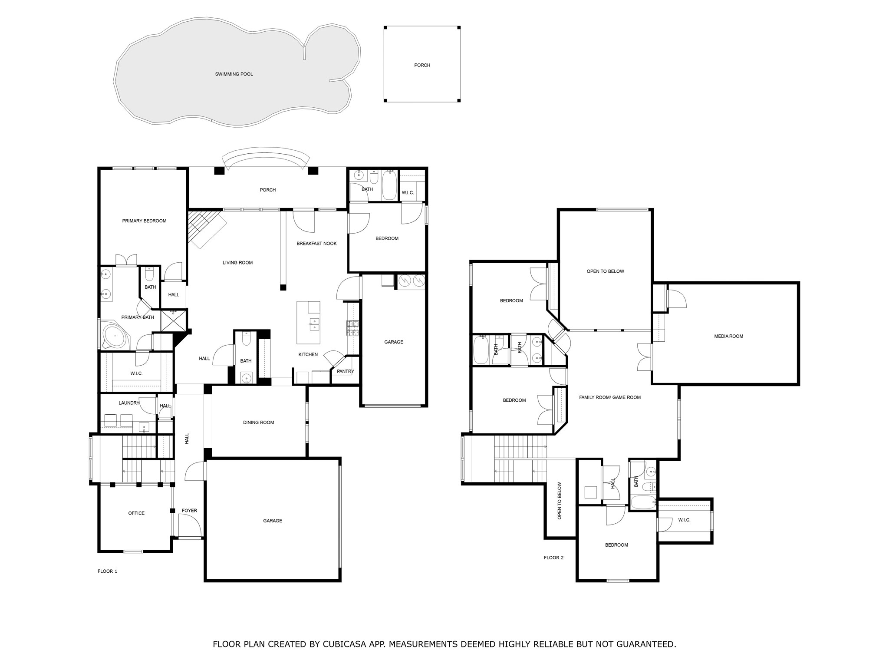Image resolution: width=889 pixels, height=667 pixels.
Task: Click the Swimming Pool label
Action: [x=234, y=74]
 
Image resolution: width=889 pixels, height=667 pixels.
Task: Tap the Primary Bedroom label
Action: [x=144, y=221]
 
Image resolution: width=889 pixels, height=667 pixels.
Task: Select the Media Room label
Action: [x=729, y=336]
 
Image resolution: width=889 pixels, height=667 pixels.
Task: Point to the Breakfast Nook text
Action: [x=316, y=244]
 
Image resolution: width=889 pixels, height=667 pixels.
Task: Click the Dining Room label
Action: [x=258, y=423]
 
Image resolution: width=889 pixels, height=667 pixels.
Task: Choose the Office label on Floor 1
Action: [x=136, y=513]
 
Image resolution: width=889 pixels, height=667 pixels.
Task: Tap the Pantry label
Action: [x=346, y=371]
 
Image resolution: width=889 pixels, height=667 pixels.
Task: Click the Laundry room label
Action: [x=129, y=403]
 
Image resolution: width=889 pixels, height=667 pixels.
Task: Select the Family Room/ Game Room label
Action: [x=610, y=397]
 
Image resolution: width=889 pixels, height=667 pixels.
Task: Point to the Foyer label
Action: [x=189, y=511]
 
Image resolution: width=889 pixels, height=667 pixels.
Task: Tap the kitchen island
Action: [x=308, y=323]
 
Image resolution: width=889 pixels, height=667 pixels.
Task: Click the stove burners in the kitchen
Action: [x=352, y=328]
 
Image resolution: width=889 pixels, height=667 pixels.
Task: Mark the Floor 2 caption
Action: [x=553, y=558]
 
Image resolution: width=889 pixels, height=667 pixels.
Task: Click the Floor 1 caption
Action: [x=107, y=571]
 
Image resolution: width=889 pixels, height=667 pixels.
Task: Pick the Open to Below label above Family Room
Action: [x=605, y=271]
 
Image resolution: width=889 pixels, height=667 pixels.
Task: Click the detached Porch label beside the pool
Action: [x=422, y=65]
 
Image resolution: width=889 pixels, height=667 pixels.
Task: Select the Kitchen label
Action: [x=308, y=354]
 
